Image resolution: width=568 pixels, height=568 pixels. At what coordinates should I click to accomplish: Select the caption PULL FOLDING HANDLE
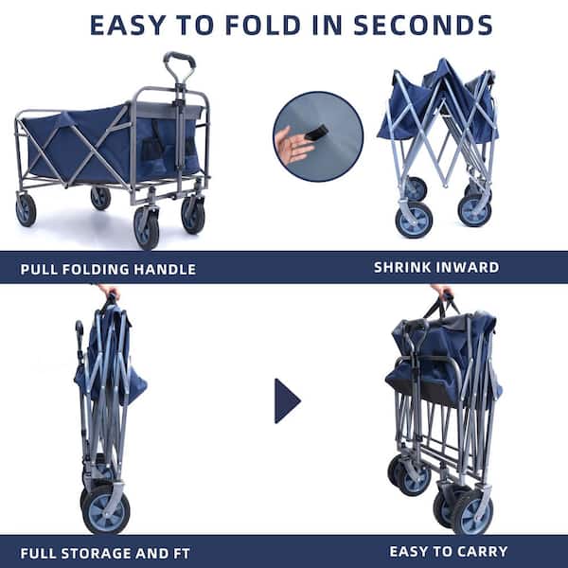click(x=108, y=269)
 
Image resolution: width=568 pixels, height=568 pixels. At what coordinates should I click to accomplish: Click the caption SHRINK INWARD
click(x=435, y=267)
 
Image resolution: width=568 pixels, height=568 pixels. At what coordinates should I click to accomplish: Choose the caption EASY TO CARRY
click(x=448, y=551)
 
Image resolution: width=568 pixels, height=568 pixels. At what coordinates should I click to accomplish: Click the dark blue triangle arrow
click(x=286, y=400)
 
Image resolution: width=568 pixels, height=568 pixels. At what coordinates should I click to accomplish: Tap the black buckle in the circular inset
click(x=315, y=132)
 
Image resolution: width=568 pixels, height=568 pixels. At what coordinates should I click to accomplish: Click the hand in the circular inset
click(x=293, y=146)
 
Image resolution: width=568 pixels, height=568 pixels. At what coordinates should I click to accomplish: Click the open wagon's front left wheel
click(x=147, y=228)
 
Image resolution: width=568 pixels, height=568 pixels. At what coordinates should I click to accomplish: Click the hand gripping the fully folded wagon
click(x=108, y=292)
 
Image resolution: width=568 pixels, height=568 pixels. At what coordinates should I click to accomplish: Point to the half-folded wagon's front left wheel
click(x=414, y=220)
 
